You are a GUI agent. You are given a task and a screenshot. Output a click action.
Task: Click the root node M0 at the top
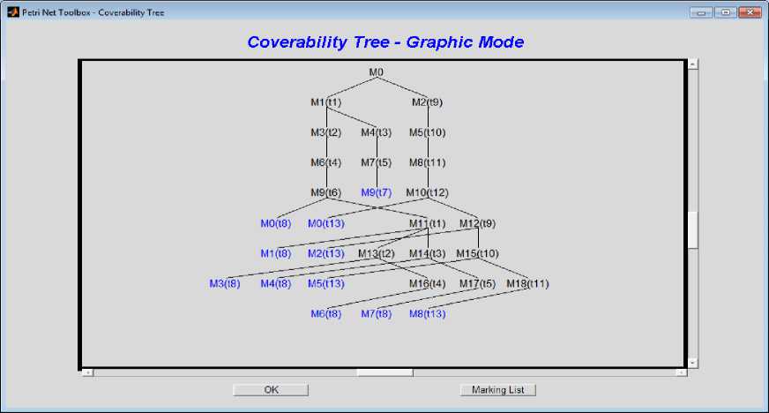pos(377,71)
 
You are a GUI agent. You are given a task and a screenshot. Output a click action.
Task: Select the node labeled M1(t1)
pos(325,102)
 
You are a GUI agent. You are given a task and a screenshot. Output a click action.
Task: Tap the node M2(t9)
pos(427,102)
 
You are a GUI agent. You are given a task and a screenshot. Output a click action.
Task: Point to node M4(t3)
pos(377,133)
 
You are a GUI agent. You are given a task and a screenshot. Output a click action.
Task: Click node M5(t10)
pos(427,133)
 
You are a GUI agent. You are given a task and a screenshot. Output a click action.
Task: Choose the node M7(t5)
pos(377,162)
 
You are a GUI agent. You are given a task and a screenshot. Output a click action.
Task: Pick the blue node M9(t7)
pos(377,192)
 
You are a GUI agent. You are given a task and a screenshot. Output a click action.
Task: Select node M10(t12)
pos(427,192)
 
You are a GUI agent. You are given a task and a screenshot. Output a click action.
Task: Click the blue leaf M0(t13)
pos(325,223)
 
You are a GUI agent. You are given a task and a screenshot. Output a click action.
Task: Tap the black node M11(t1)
pos(427,223)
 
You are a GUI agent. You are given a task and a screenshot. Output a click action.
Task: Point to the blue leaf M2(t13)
pos(325,254)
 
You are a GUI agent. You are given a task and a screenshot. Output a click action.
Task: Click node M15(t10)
pos(477,254)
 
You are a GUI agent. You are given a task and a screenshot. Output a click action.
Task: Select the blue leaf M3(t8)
pos(225,283)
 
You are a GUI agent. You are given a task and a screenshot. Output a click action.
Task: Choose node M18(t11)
pos(527,283)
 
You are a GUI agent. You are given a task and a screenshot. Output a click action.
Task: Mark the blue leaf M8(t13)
pos(427,313)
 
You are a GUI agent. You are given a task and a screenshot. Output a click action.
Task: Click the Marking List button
pos(497,389)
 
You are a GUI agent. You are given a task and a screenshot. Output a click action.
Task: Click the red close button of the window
pos(750,12)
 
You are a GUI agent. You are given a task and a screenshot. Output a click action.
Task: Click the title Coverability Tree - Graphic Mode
pos(384,42)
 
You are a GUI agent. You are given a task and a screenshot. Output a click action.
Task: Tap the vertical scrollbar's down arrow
pos(692,362)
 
